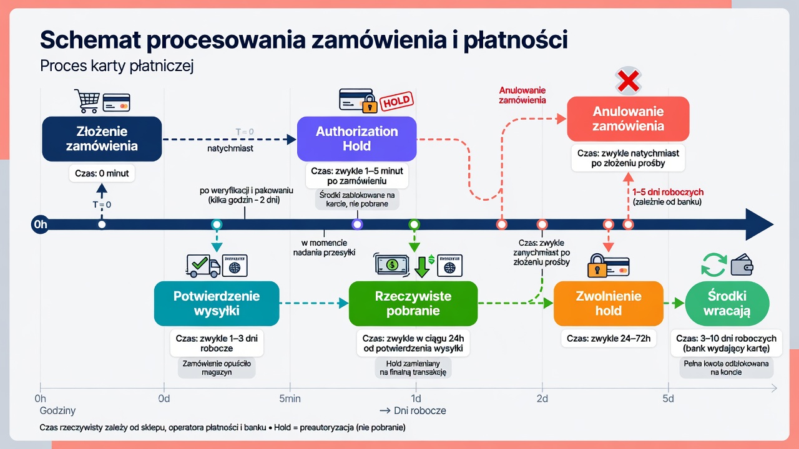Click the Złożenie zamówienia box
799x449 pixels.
[102, 139]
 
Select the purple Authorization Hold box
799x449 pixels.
[356, 139]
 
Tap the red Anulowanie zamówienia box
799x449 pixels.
[628, 118]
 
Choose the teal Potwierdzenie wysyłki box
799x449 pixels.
[217, 304]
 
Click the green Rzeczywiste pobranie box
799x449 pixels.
[413, 304]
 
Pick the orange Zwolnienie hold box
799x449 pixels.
[609, 304]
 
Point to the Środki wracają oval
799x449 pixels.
[727, 304]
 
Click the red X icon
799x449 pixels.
[628, 81]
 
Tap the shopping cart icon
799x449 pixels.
[87, 101]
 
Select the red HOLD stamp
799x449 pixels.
[396, 102]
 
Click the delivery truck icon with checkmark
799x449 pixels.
[203, 266]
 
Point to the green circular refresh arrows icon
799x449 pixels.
[713, 265]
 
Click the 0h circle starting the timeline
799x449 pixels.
[41, 224]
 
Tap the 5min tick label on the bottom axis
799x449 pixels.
[290, 398]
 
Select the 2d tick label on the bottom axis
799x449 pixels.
[542, 398]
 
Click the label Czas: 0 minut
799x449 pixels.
[102, 173]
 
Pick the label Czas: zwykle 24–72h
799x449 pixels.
[609, 338]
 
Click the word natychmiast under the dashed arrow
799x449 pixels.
[230, 148]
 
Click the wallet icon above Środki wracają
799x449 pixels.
[742, 265]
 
